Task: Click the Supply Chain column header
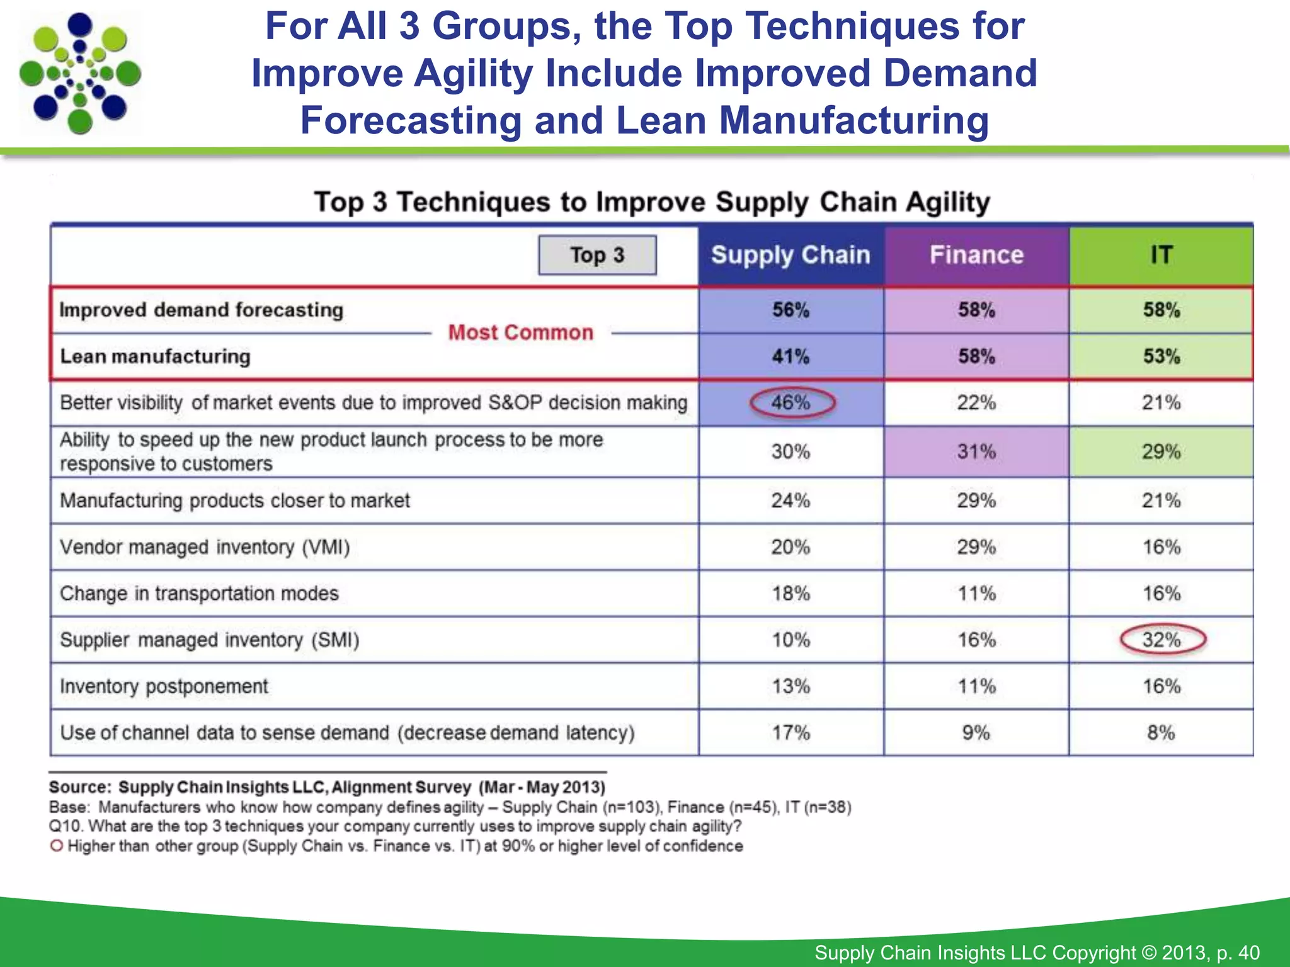tap(791, 255)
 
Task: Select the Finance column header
tap(976, 255)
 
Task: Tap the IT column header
tap(1161, 255)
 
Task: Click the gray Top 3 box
tap(597, 255)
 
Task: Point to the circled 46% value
tap(792, 402)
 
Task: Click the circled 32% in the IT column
tap(1162, 640)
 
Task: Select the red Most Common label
tap(521, 332)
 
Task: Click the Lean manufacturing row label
tap(155, 356)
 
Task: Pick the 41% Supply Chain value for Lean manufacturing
tap(791, 356)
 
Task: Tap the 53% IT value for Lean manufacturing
tap(1162, 356)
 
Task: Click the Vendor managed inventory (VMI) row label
tap(205, 547)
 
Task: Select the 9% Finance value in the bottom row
tap(976, 733)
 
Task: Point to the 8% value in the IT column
tap(1161, 733)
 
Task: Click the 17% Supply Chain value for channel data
tap(791, 733)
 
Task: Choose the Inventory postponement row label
tap(164, 686)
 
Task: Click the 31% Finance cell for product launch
tap(976, 451)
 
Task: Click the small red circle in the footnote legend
tap(57, 845)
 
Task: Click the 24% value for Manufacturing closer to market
tap(791, 500)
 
